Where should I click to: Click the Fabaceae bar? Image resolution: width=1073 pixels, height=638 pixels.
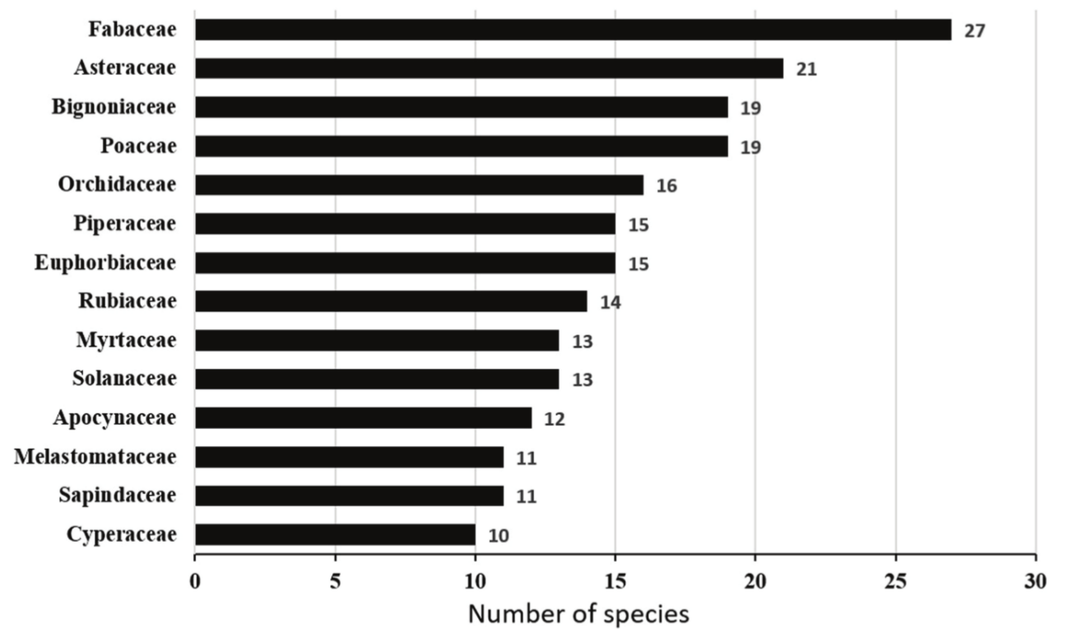click(573, 30)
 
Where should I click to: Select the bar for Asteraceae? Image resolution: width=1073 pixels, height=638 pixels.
click(489, 68)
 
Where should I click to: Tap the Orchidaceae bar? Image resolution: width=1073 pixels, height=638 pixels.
click(419, 185)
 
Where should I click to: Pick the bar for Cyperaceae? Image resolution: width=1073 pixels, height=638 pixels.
click(335, 535)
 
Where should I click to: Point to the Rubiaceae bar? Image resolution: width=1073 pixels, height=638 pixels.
click(391, 301)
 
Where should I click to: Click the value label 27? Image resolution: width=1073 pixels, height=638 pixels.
click(974, 31)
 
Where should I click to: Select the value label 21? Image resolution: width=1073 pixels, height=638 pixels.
click(806, 70)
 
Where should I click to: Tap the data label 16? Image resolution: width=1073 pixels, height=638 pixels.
click(667, 186)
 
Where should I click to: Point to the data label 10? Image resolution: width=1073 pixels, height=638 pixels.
click(499, 536)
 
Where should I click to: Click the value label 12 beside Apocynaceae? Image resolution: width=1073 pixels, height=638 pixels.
click(555, 419)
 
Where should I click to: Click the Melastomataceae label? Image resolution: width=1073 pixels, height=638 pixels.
click(95, 457)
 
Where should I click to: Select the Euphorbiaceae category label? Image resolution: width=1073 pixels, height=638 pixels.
click(105, 263)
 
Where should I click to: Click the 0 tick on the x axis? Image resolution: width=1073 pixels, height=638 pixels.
click(195, 580)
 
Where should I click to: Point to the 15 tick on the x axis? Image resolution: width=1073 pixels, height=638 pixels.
click(615, 580)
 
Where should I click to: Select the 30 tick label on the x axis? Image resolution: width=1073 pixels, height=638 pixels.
click(1035, 580)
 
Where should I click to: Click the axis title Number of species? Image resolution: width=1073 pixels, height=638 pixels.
click(578, 614)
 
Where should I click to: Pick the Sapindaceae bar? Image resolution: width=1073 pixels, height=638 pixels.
click(349, 496)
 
